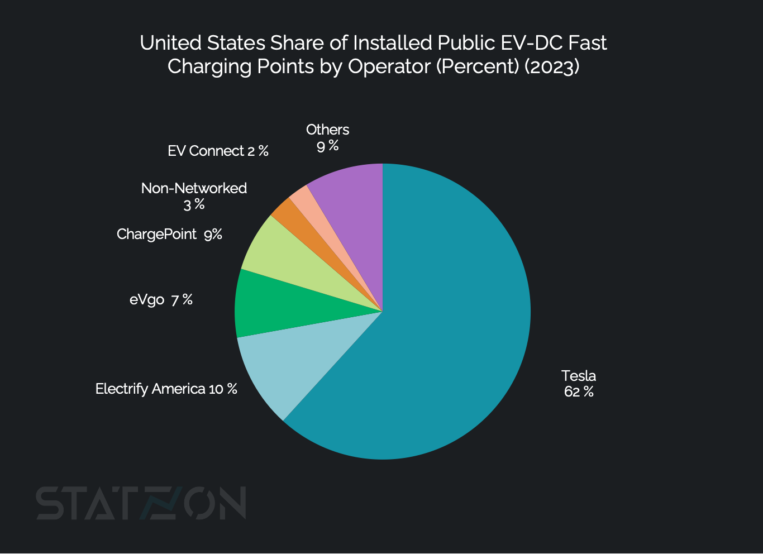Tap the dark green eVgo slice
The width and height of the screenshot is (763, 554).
(268, 304)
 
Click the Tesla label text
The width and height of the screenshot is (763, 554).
(579, 376)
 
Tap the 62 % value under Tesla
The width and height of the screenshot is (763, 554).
(579, 391)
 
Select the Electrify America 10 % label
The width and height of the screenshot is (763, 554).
(166, 389)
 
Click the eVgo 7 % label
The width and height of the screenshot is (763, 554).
(161, 300)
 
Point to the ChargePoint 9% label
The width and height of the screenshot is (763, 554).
(169, 234)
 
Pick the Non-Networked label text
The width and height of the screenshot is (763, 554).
(194, 188)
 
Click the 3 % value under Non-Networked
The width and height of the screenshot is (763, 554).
(194, 205)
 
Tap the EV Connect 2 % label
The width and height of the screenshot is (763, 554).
(218, 151)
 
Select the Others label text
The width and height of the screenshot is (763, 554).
(327, 130)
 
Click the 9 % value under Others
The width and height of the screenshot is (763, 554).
(327, 146)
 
